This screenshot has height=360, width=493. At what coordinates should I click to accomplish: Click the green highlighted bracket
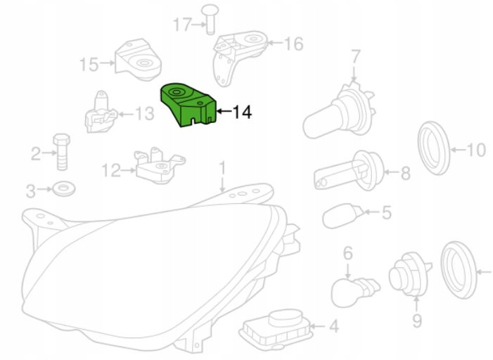click(x=187, y=105)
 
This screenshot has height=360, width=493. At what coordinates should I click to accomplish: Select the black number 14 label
click(x=242, y=112)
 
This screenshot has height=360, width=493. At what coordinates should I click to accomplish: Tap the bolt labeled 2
click(x=62, y=152)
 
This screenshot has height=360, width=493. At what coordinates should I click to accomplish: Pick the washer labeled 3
click(x=64, y=188)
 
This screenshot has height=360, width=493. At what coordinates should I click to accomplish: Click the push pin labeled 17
click(x=210, y=19)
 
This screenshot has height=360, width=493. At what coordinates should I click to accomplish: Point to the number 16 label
click(x=294, y=44)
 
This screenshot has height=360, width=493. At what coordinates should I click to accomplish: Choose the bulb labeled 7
click(x=340, y=110)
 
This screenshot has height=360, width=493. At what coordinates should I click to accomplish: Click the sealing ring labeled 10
click(x=434, y=148)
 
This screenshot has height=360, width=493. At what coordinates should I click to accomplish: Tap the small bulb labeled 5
click(x=342, y=215)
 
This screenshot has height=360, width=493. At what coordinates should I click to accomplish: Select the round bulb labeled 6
click(x=354, y=290)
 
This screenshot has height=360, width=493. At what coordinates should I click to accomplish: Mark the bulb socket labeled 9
click(x=409, y=274)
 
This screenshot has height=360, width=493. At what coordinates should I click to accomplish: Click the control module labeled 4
click(x=275, y=328)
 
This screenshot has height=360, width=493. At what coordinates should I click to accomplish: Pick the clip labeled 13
click(x=100, y=114)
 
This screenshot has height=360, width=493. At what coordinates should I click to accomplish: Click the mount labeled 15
click(x=138, y=60)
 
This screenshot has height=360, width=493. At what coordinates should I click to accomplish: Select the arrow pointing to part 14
click(x=224, y=111)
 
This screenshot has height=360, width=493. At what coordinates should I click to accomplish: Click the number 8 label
click(x=406, y=173)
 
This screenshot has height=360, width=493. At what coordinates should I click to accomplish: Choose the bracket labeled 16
click(x=240, y=56)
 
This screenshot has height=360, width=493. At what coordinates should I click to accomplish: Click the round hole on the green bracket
click(x=176, y=92)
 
